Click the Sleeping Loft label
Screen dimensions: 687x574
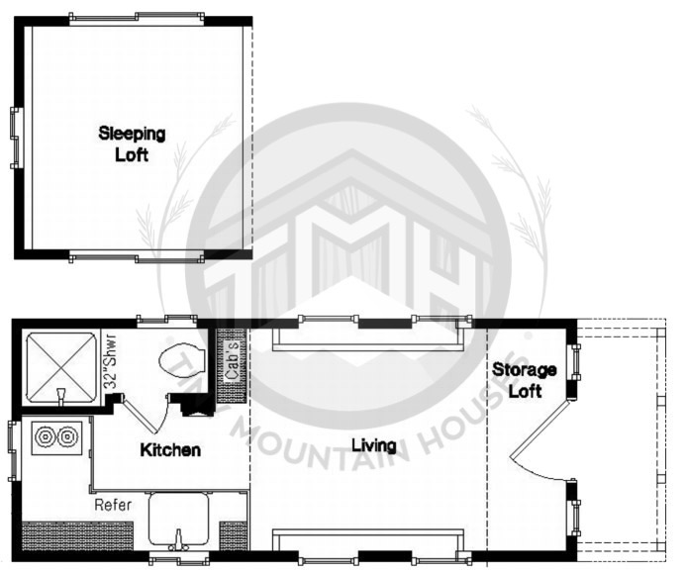[132, 144]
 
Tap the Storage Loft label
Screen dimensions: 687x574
[525, 380]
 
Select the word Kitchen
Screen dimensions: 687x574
[170, 450]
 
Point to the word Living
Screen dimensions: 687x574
[374, 445]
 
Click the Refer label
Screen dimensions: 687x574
[113, 505]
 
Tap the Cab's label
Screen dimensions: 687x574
[233, 360]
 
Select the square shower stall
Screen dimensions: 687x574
[61, 367]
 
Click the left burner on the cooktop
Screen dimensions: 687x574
[46, 436]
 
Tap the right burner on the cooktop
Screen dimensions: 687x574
[67, 436]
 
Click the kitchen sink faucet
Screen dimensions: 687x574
[178, 540]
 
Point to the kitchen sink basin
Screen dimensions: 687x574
[178, 518]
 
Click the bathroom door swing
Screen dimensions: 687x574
[152, 415]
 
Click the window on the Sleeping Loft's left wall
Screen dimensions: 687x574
[15, 138]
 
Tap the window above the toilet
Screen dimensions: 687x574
[166, 322]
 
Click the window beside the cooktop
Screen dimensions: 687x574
[13, 451]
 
